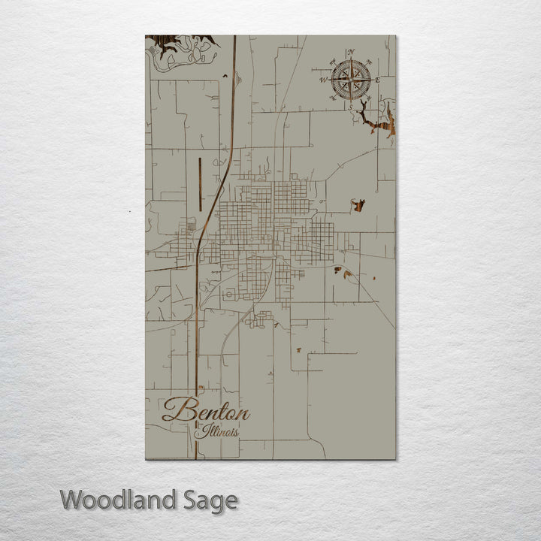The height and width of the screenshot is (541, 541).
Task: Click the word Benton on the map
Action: [205, 412]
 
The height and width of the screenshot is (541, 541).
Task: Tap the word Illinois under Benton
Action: [216, 432]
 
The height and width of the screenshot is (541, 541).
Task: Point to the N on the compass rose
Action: [351, 52]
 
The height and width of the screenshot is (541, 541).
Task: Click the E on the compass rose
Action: [377, 80]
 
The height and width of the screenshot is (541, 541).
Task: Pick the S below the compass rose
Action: [350, 107]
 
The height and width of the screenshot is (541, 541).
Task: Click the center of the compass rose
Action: [350, 79]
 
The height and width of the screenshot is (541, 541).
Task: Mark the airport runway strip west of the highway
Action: [200, 184]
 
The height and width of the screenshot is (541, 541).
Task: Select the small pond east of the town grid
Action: [358, 204]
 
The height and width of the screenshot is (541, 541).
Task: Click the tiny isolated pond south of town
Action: [298, 349]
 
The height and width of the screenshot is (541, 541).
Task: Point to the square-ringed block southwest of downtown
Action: [228, 295]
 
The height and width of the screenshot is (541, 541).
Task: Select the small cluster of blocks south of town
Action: [260, 319]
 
